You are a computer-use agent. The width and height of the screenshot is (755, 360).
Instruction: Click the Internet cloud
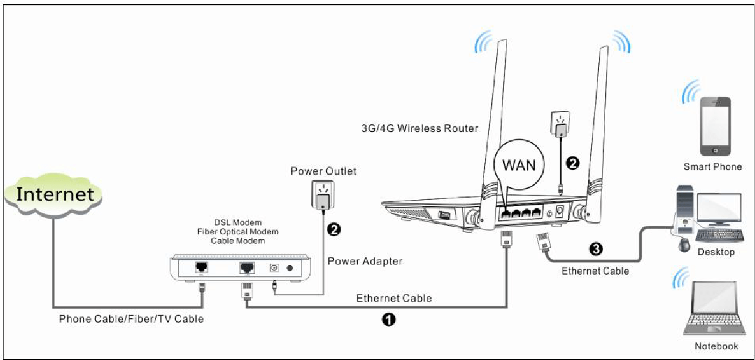point(53,195)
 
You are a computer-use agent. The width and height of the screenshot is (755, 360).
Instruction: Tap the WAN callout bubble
point(519,165)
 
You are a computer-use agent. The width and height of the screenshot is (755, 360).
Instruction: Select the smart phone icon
point(715,126)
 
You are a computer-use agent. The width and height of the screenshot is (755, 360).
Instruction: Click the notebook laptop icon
point(714,309)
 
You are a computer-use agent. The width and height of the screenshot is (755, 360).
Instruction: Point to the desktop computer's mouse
point(684,244)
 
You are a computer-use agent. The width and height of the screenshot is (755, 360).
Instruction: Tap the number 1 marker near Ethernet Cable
point(388,319)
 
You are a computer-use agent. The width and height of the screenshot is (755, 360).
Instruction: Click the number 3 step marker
point(596,249)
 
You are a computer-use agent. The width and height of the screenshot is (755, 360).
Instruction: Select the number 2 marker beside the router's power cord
point(573,163)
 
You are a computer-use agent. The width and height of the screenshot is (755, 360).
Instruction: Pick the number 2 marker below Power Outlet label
point(334,230)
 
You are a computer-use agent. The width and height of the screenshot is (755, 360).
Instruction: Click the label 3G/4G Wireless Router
point(420,129)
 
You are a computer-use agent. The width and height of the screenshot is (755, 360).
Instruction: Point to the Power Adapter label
point(365,261)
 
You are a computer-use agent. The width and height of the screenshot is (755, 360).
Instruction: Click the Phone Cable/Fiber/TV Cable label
point(131,319)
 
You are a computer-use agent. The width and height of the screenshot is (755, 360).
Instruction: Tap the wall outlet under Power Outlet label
point(322,195)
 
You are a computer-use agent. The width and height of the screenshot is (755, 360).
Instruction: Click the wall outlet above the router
point(560,124)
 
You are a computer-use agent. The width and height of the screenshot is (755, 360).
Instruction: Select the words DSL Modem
point(238,222)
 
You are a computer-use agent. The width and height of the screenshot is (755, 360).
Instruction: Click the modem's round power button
point(289,268)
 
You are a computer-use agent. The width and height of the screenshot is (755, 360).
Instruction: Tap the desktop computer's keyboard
point(719,235)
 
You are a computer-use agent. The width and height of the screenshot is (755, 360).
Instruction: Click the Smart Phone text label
point(712,167)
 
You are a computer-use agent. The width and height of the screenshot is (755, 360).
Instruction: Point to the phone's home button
point(715,150)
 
